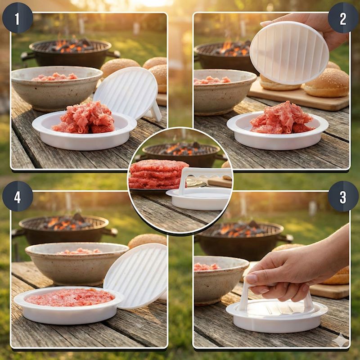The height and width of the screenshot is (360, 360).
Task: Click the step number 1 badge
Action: [18, 18]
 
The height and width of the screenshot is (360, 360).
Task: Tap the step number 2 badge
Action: [343, 18]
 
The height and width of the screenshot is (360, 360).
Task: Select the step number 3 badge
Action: [343, 196]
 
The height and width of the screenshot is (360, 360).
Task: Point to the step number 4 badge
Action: [18, 196]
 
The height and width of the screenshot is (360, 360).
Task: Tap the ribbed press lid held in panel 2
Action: [289, 53]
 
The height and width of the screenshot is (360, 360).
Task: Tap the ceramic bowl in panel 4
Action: [77, 263]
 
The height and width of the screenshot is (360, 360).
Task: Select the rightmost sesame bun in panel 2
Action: [327, 83]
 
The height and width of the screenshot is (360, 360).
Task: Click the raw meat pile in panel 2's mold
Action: [282, 118]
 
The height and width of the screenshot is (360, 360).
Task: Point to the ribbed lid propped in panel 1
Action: [127, 93]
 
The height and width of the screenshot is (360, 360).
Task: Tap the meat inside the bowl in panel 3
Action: [207, 267]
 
